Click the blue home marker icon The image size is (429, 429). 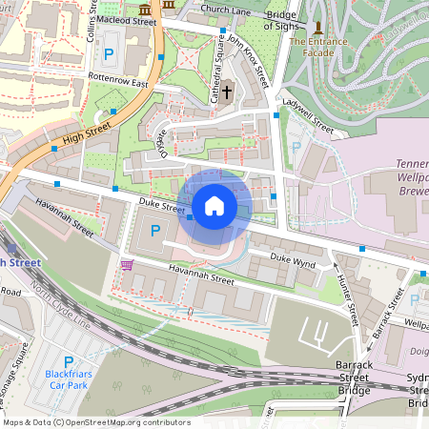coord(214,205)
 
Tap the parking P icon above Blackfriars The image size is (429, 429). coord(68,361)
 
